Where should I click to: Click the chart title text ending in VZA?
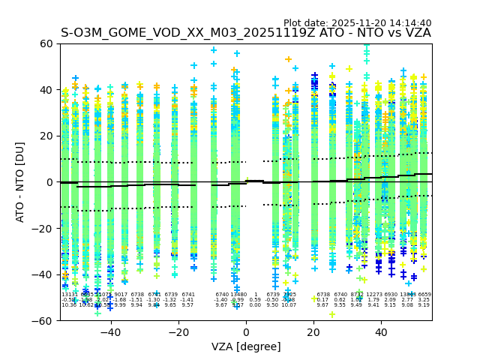(x=246, y=33)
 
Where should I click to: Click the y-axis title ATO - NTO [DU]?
(x=20, y=182)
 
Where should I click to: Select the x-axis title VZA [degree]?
(x=246, y=346)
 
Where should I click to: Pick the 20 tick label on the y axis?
(x=46, y=136)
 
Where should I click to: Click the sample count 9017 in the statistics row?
(x=120, y=295)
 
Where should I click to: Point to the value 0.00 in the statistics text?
(x=255, y=305)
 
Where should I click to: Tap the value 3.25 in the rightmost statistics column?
(x=424, y=300)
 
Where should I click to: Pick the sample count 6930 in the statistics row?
(x=391, y=295)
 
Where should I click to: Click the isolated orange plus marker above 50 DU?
(x=289, y=59)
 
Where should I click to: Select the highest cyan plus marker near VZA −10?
(x=214, y=51)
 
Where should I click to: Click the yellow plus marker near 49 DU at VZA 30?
(x=349, y=69)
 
